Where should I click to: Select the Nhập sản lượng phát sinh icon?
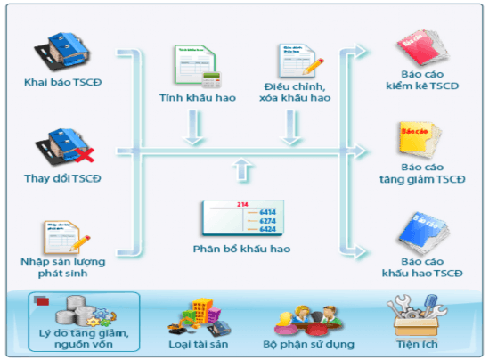(x=61, y=235)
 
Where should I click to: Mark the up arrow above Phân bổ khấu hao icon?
(x=240, y=168)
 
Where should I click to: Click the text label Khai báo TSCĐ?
(x=62, y=85)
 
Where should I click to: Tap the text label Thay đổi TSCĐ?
(x=62, y=178)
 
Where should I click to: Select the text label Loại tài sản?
(x=198, y=342)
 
